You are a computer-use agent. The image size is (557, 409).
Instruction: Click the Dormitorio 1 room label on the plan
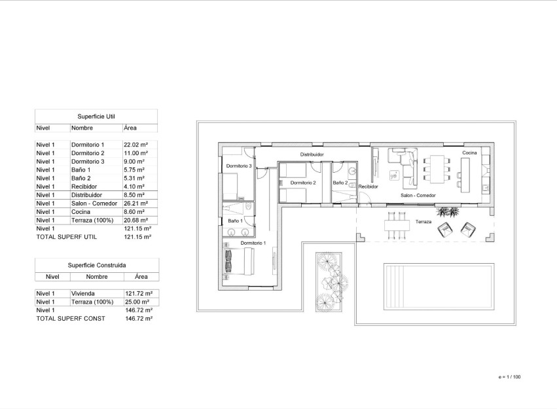tap(253, 243)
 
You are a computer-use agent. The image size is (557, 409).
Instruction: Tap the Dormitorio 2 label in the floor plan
tap(303, 183)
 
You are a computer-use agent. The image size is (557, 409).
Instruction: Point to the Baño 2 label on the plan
tap(340, 183)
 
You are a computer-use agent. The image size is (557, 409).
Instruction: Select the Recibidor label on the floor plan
tap(368, 187)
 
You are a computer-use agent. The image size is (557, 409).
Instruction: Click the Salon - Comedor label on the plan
tap(418, 195)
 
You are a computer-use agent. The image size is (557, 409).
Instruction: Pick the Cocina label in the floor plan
tap(470, 152)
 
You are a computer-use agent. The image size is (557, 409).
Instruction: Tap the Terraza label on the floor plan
tap(423, 222)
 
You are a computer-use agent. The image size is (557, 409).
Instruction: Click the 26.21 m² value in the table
tap(135, 204)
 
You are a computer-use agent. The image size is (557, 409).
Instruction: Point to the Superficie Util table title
tap(96, 116)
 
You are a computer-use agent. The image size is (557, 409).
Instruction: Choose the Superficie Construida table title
tap(97, 265)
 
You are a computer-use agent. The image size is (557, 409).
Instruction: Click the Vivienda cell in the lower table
tap(82, 294)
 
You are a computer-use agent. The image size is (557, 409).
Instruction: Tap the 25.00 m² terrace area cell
tap(137, 302)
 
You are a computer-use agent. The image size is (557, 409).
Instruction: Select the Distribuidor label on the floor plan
tap(312, 154)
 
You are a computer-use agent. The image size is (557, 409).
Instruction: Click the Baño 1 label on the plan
tap(235, 221)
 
